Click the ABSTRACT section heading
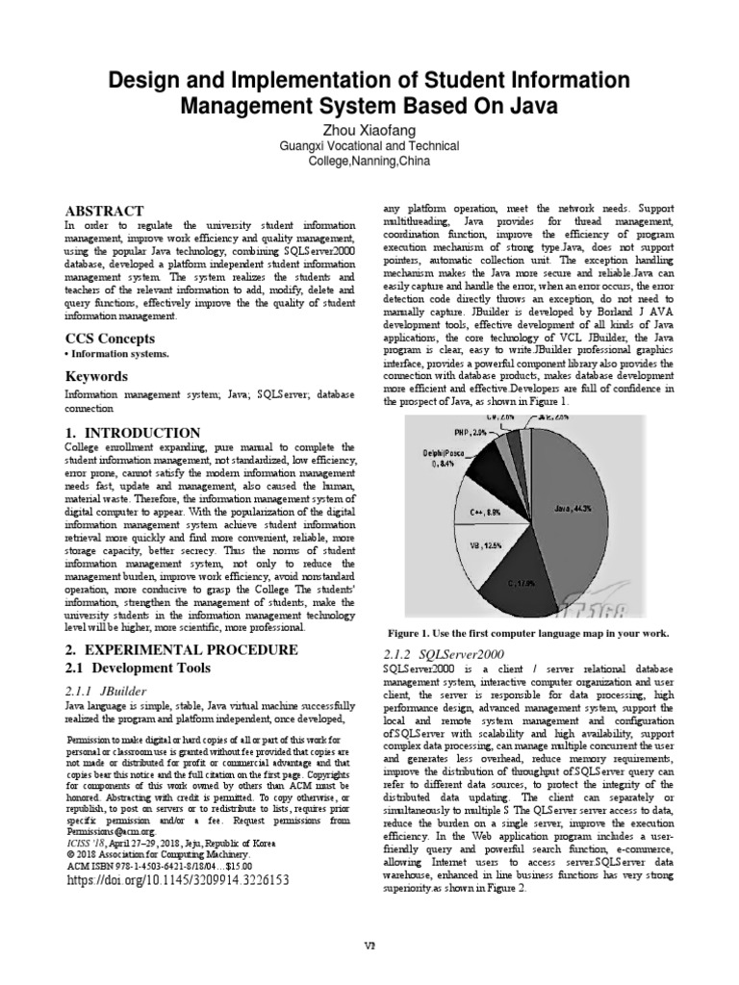click(x=104, y=211)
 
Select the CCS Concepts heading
click(x=111, y=338)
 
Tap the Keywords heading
click(x=98, y=376)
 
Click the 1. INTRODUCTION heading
click(x=133, y=433)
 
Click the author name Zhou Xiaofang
click(x=369, y=128)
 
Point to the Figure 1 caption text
click(x=527, y=633)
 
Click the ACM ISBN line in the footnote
click(x=150, y=865)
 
